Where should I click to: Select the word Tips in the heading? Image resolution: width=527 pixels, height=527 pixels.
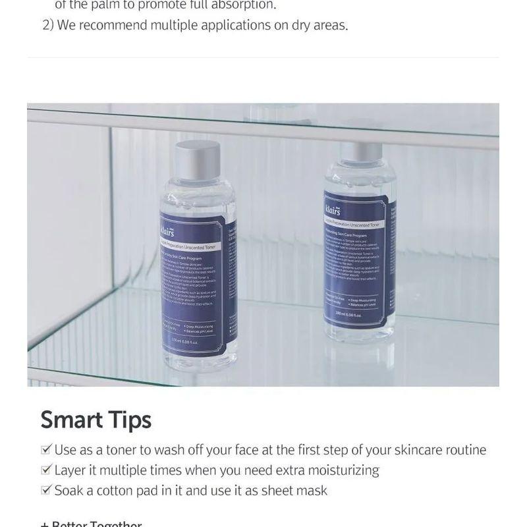point(131,420)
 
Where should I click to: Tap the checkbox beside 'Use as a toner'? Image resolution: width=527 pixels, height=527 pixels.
point(45,450)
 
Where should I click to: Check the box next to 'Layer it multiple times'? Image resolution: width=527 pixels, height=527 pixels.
point(45,470)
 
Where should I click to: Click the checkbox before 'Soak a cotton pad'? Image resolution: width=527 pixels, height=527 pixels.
point(45,491)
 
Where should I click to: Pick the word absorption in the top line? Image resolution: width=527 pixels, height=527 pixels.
point(241,5)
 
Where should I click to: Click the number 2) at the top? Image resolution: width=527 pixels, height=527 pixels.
point(47,26)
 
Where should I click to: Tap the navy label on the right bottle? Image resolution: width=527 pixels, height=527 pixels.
point(356,260)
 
